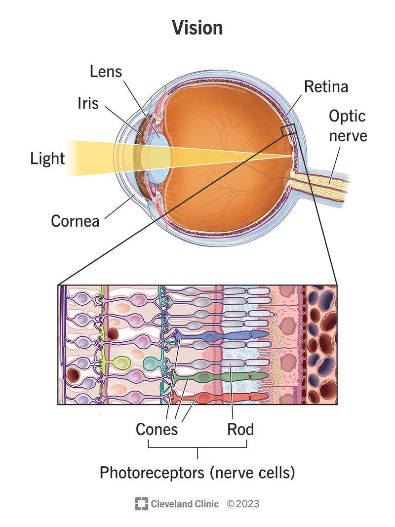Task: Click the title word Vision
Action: click(197, 28)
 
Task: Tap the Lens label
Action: click(106, 72)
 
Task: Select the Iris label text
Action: click(88, 103)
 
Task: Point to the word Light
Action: click(47, 159)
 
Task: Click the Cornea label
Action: click(75, 221)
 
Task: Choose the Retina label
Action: click(326, 87)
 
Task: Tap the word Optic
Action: click(347, 117)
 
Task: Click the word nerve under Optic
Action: click(348, 136)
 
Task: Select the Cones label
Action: click(157, 429)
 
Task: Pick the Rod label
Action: click(240, 429)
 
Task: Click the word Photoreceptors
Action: click(152, 473)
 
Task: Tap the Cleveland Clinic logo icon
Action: click(141, 504)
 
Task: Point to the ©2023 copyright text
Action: click(243, 504)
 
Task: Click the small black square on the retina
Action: click(288, 130)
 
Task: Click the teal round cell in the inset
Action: click(150, 363)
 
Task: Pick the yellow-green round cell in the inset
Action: click(121, 363)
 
